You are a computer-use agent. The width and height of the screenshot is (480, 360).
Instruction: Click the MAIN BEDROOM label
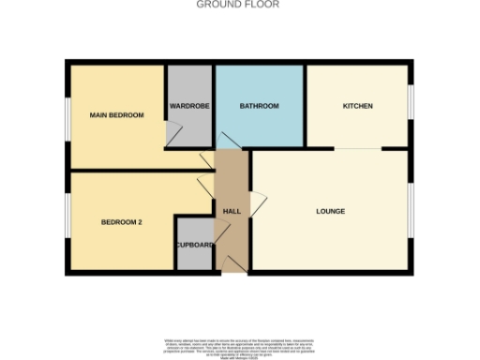(117, 115)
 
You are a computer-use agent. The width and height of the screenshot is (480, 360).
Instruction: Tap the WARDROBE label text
(188, 105)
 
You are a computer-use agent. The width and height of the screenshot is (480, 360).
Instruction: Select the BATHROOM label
(259, 106)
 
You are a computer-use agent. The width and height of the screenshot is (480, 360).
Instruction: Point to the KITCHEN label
(357, 106)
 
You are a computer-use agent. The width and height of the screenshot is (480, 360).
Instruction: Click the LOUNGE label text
(330, 211)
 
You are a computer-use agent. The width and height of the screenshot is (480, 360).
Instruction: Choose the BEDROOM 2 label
(121, 222)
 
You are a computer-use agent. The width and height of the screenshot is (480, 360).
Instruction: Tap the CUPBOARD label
(195, 245)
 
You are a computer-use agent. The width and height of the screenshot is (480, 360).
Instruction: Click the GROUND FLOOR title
(238, 5)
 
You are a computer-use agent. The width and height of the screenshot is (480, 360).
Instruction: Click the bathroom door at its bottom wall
(229, 141)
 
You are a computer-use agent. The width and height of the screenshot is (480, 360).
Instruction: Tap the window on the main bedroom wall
(66, 115)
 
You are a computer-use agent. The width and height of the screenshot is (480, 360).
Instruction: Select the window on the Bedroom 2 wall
(66, 221)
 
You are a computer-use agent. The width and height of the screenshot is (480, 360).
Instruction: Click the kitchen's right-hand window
(410, 102)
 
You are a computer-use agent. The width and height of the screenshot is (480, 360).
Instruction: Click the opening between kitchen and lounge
(358, 148)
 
